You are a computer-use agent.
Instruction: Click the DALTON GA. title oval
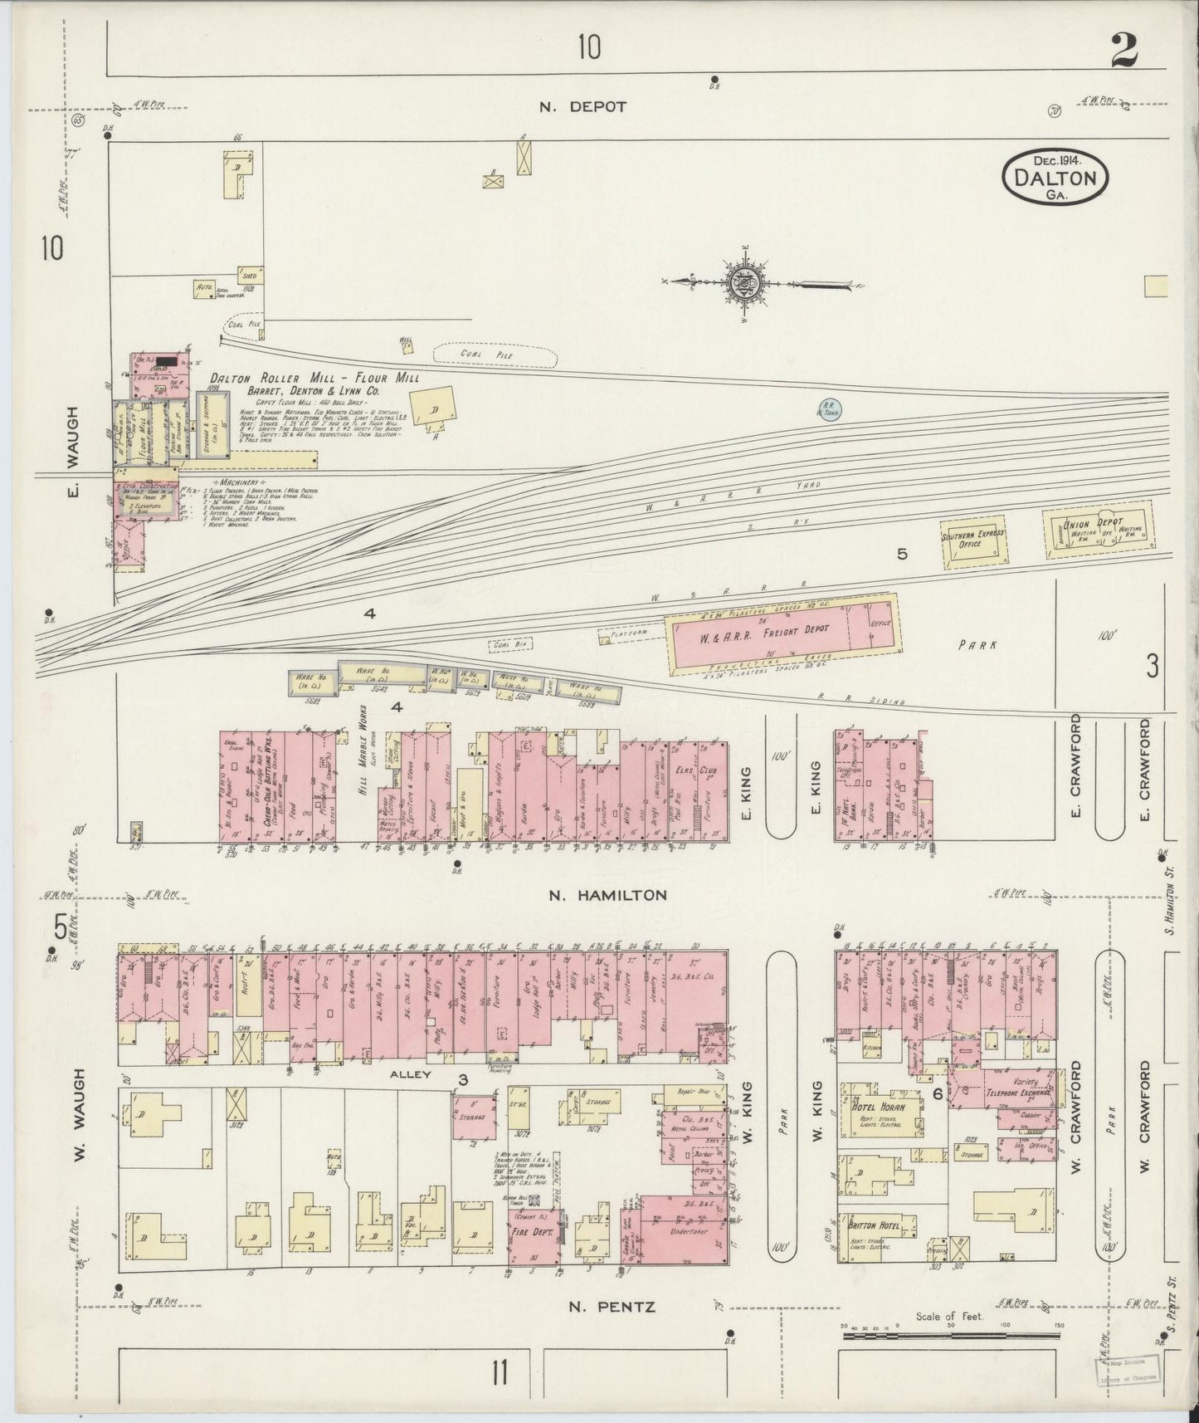tap(1055, 176)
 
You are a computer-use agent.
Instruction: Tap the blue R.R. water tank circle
tap(826, 408)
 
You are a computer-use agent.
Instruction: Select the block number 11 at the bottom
tap(498, 1374)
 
